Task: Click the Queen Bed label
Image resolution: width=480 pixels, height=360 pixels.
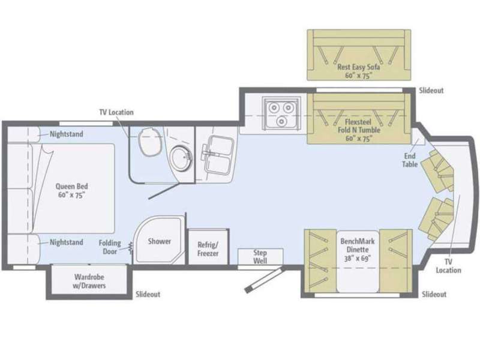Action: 71,191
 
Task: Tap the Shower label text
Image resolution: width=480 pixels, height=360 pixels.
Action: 160,241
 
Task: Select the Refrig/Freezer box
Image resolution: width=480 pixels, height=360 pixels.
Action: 208,247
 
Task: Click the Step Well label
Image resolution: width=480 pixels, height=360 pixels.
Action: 260,257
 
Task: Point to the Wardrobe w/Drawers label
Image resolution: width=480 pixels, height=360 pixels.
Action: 89,281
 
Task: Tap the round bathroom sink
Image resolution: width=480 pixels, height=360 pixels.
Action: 181,158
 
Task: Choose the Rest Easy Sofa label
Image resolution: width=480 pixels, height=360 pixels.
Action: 358,71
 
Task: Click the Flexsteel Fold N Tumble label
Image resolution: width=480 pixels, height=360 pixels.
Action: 359,130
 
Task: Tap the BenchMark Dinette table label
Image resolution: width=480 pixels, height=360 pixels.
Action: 358,250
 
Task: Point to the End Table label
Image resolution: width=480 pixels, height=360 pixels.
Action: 410,160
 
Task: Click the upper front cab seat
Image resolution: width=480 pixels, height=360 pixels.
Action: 438,172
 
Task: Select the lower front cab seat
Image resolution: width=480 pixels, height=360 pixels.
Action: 437,218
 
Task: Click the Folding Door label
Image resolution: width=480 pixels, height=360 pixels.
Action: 110,247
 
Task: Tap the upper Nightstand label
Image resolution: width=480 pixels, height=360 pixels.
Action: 67,134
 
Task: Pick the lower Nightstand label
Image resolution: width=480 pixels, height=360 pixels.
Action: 67,242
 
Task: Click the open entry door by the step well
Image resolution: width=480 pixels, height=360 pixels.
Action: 265,280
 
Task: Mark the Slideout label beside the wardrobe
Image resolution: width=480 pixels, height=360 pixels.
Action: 148,294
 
